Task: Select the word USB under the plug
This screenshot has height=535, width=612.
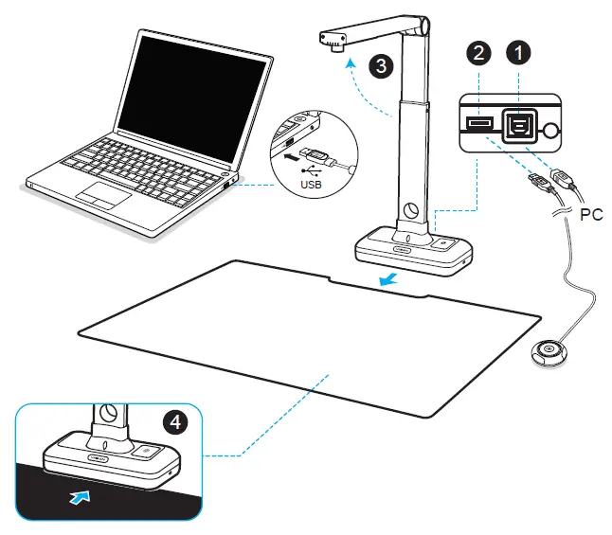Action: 313,186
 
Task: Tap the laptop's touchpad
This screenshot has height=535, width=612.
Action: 103,195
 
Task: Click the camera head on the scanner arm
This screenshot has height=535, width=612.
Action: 333,42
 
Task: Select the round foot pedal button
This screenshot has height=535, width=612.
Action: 548,353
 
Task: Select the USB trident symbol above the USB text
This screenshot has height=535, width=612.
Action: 312,170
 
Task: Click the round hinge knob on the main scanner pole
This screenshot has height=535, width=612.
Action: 413,210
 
